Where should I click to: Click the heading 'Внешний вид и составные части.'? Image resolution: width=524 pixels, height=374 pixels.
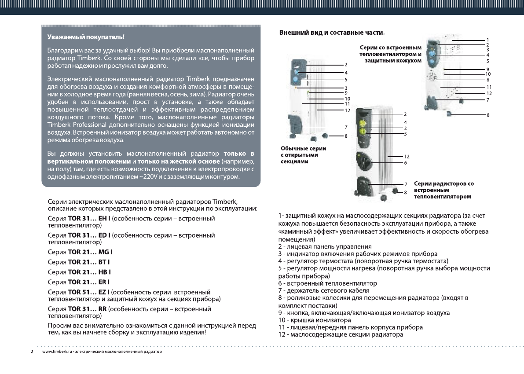click(332, 33)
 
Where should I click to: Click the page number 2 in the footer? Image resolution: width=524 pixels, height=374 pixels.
click(32, 352)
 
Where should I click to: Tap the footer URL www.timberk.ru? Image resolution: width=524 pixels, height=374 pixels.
click(57, 352)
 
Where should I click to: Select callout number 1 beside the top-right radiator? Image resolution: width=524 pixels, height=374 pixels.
click(487, 40)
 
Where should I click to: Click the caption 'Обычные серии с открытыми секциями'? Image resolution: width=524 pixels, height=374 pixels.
click(303, 155)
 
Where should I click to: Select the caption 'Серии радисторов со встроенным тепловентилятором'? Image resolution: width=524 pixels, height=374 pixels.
click(443, 190)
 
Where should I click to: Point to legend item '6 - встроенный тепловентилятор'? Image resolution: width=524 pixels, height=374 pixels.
click(327, 283)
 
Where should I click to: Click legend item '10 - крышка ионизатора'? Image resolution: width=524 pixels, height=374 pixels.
click(315, 320)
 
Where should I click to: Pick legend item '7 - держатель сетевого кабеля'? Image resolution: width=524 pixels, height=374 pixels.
click(323, 290)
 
